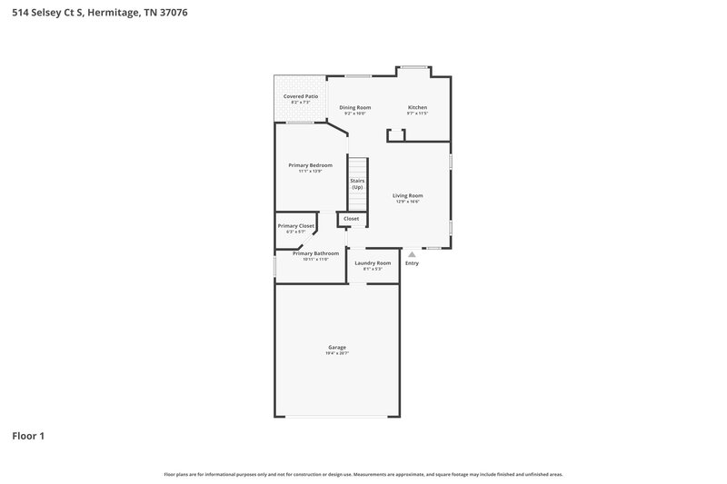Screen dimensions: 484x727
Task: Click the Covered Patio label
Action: (300, 96)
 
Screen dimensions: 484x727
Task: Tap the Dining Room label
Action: (355, 107)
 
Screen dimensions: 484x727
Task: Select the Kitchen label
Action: (417, 107)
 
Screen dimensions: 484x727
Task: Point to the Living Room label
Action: (407, 195)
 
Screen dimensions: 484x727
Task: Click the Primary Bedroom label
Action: (310, 165)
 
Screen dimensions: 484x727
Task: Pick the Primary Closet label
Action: (295, 225)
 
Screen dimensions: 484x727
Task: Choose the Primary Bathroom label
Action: (315, 253)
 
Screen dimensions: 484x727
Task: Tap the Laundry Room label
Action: (373, 262)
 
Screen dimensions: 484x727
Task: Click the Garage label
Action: (337, 347)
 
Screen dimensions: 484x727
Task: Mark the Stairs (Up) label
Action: (357, 183)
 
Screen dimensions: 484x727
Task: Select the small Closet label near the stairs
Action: (351, 219)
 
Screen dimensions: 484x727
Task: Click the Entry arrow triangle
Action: (412, 254)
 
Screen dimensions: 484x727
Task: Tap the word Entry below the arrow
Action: (412, 263)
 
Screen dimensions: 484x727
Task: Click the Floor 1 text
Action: (28, 436)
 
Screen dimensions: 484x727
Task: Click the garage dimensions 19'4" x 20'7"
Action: (337, 353)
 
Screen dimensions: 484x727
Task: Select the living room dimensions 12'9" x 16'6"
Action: (407, 202)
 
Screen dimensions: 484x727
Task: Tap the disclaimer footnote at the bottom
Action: (363, 474)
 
